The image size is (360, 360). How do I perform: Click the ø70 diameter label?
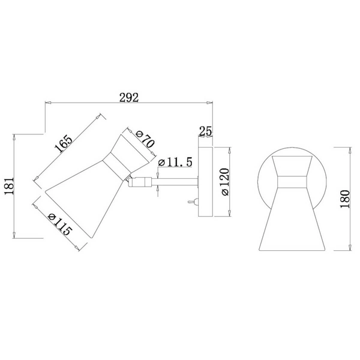click(x=145, y=140)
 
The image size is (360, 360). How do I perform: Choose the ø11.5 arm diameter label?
click(x=174, y=162)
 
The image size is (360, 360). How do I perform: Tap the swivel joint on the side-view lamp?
click(x=136, y=182)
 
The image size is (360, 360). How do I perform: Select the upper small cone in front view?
click(x=291, y=165)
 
